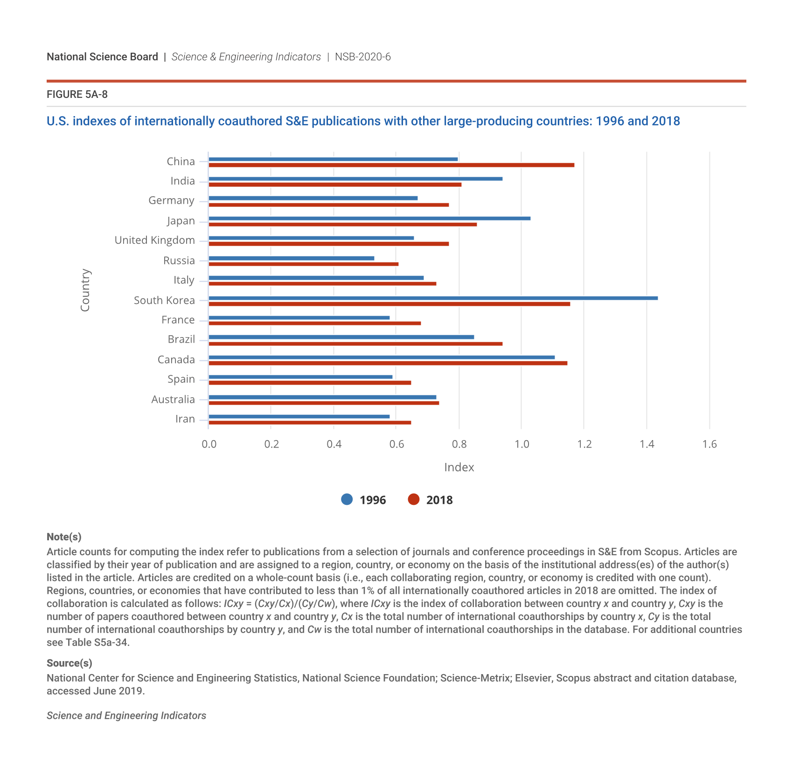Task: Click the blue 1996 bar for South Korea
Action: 433,298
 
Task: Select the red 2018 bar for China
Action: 391,165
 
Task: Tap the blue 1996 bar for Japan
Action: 369,218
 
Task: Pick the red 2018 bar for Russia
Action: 303,264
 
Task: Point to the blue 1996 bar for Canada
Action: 382,358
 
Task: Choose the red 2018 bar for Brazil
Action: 355,344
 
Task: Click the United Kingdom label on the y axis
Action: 154,240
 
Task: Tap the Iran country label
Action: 185,419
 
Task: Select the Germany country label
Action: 171,200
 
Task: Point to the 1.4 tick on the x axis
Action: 647,444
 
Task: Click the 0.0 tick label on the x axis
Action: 209,444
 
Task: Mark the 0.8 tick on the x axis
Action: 459,444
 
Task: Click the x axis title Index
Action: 459,467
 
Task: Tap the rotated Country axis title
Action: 85,290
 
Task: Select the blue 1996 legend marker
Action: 347,500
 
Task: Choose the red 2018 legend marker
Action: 414,500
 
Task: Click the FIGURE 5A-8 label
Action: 77,95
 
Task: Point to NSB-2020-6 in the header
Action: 362,57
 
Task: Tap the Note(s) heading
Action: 64,537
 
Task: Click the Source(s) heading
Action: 70,663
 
